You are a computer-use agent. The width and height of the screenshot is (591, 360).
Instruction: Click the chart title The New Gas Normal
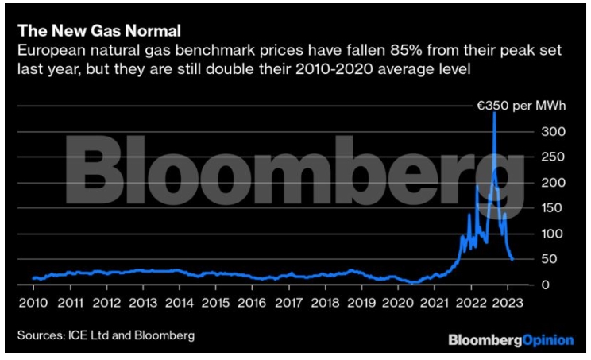pyautogui.click(x=98, y=31)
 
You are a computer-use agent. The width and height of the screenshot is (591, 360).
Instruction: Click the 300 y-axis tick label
pyautogui.click(x=540, y=131)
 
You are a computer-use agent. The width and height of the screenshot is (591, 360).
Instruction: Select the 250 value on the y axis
pyautogui.click(x=540, y=157)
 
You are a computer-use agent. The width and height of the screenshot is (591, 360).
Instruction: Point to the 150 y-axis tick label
pyautogui.click(x=540, y=208)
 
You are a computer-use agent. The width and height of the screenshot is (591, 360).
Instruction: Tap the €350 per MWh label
pyautogui.click(x=520, y=105)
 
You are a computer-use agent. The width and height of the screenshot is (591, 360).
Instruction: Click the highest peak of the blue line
pyautogui.click(x=495, y=113)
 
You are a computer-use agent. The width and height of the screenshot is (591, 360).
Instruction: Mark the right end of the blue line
pyautogui.click(x=512, y=259)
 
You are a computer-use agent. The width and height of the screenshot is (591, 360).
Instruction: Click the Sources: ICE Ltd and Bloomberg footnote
pyautogui.click(x=105, y=335)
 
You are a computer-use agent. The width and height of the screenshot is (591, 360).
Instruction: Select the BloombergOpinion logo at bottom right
pyautogui.click(x=511, y=339)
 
